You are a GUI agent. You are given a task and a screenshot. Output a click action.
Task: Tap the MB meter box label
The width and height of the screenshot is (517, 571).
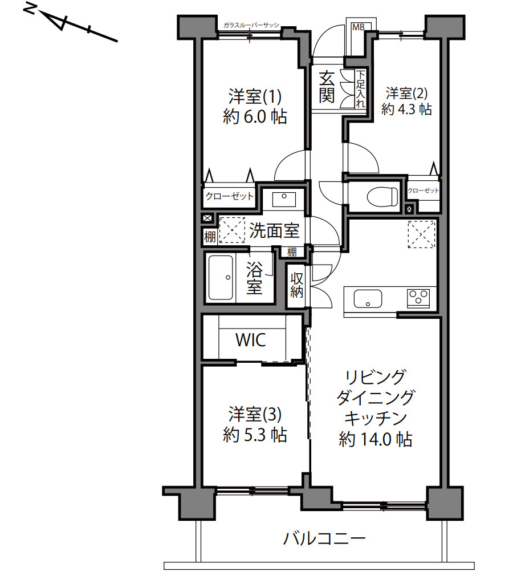(357, 27)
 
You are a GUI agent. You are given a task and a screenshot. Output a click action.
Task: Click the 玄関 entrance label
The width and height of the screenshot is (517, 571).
(326, 86)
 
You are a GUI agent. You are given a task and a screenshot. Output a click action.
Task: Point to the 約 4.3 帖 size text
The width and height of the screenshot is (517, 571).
(406, 109)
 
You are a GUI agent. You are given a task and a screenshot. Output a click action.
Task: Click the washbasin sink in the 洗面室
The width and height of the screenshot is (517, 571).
(283, 199)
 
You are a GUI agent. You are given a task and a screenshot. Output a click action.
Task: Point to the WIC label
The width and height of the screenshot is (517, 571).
(251, 341)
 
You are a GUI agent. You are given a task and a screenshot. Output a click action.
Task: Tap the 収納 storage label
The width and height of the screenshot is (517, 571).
(296, 285)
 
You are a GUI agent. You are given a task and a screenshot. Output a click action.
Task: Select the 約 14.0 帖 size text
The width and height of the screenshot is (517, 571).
(376, 439)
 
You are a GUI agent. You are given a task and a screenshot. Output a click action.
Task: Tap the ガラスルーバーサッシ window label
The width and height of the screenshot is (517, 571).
(251, 26)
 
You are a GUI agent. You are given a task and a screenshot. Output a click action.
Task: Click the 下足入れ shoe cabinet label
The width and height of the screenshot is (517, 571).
(360, 90)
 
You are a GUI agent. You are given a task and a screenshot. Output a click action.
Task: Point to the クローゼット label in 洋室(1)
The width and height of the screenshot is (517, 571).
(229, 196)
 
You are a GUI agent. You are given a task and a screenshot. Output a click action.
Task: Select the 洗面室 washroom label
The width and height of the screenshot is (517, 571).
(274, 231)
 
